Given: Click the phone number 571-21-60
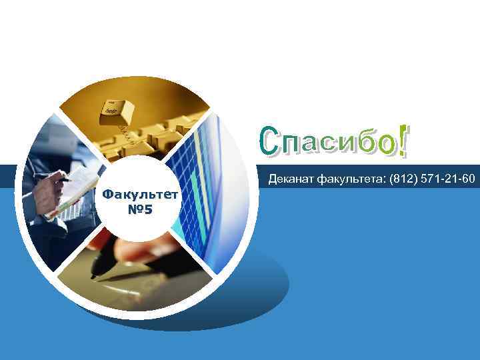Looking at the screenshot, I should click(x=447, y=179).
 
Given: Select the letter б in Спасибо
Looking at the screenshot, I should click(x=361, y=141).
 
